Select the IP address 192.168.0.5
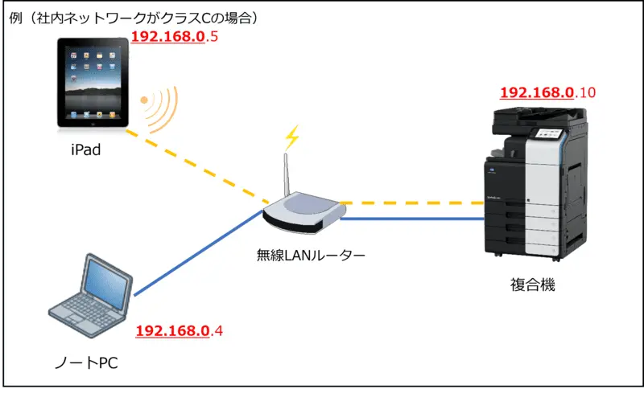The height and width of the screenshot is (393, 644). (174, 38)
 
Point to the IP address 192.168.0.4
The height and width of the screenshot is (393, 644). (179, 330)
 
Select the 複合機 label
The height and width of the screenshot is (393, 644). (533, 285)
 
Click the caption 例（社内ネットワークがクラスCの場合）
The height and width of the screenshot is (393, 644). (137, 18)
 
